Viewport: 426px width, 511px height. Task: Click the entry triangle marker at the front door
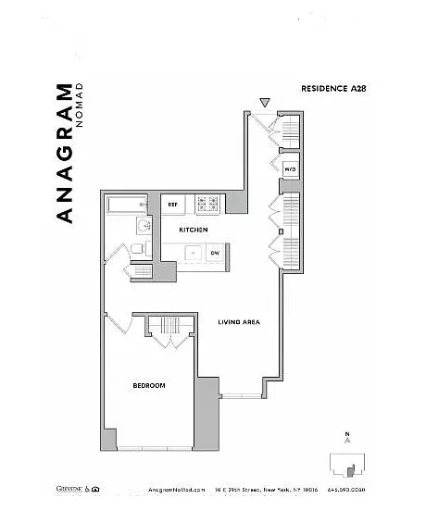tap(265, 102)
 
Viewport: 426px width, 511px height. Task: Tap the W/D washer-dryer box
tap(290, 170)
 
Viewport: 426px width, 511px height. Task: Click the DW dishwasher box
tap(214, 252)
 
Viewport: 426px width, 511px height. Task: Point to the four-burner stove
tap(207, 203)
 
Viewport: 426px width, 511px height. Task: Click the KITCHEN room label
tap(193, 230)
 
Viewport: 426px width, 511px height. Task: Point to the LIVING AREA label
tap(238, 322)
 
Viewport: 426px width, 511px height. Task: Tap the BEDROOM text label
tap(148, 385)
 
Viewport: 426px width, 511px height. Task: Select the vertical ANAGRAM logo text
tap(64, 153)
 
